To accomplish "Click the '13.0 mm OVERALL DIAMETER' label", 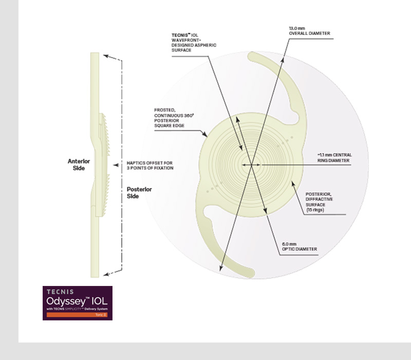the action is pyautogui.click(x=310, y=31).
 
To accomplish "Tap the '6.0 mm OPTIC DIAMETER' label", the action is pyautogui.click(x=300, y=246).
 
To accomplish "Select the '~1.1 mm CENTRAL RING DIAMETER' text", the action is pyautogui.click(x=334, y=158).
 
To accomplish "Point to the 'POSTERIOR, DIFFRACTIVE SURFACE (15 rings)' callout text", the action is pyautogui.click(x=319, y=202).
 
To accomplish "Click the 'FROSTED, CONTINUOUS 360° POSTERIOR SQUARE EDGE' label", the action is pyautogui.click(x=174, y=118).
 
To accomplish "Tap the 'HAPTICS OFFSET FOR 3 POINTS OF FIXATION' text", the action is pyautogui.click(x=150, y=165).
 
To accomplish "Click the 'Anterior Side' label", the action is pyautogui.click(x=79, y=165).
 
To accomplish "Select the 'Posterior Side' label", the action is pyautogui.click(x=139, y=192).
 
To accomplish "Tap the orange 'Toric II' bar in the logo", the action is pyautogui.click(x=77, y=315).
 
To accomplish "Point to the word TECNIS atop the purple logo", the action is pyautogui.click(x=60, y=292).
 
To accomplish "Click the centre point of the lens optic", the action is pyautogui.click(x=251, y=165).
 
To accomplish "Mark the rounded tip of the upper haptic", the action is pyautogui.click(x=252, y=56).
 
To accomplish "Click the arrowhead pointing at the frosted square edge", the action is pyautogui.click(x=205, y=134).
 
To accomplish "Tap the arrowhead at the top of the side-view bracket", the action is pyautogui.click(x=106, y=56).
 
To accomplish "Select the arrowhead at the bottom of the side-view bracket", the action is pyautogui.click(x=106, y=274).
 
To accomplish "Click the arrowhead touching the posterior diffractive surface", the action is pyautogui.click(x=293, y=184).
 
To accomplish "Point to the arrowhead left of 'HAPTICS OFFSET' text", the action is pyautogui.click(x=116, y=165).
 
